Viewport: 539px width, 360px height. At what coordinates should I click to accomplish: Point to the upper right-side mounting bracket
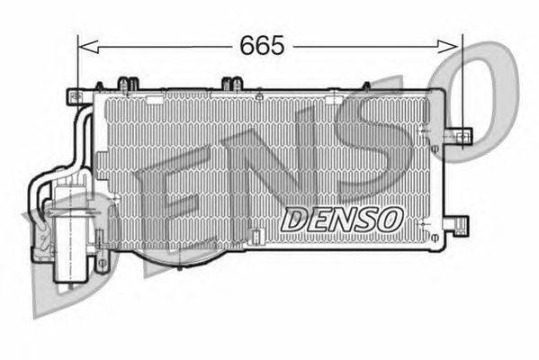[460, 136]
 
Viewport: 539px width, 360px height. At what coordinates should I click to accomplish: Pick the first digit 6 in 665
[247, 44]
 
